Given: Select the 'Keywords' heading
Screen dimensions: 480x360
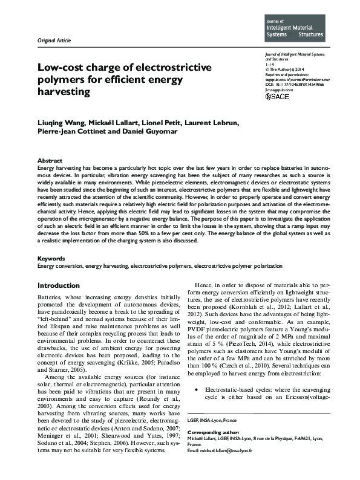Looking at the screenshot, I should (51, 258).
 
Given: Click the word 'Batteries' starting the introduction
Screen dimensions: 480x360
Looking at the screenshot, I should (49, 299).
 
